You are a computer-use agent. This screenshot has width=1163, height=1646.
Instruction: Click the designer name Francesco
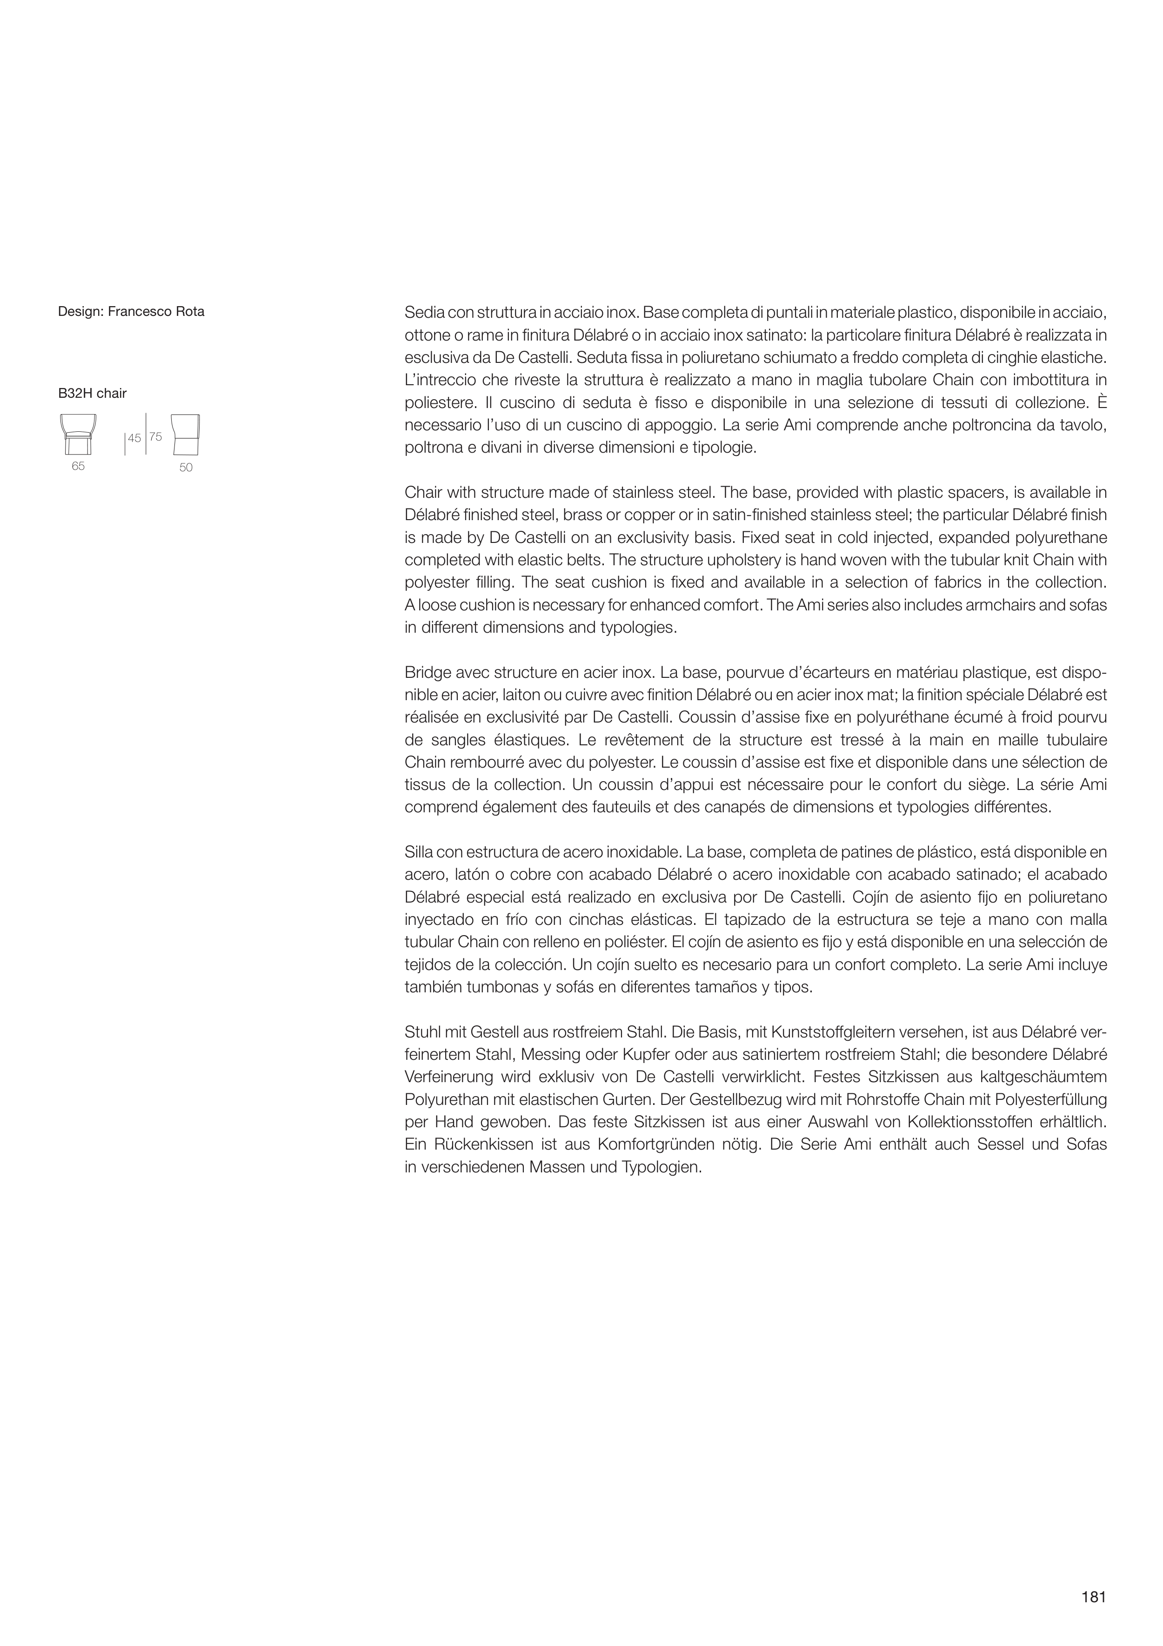click(136, 312)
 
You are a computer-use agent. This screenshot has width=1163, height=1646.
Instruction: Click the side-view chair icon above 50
click(186, 435)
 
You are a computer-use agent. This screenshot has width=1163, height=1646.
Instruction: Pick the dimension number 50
click(186, 468)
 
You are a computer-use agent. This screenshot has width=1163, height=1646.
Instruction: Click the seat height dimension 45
click(134, 437)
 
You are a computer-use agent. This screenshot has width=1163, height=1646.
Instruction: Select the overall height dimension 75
click(155, 436)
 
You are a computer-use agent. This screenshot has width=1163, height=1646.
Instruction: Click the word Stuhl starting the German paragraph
click(421, 1032)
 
